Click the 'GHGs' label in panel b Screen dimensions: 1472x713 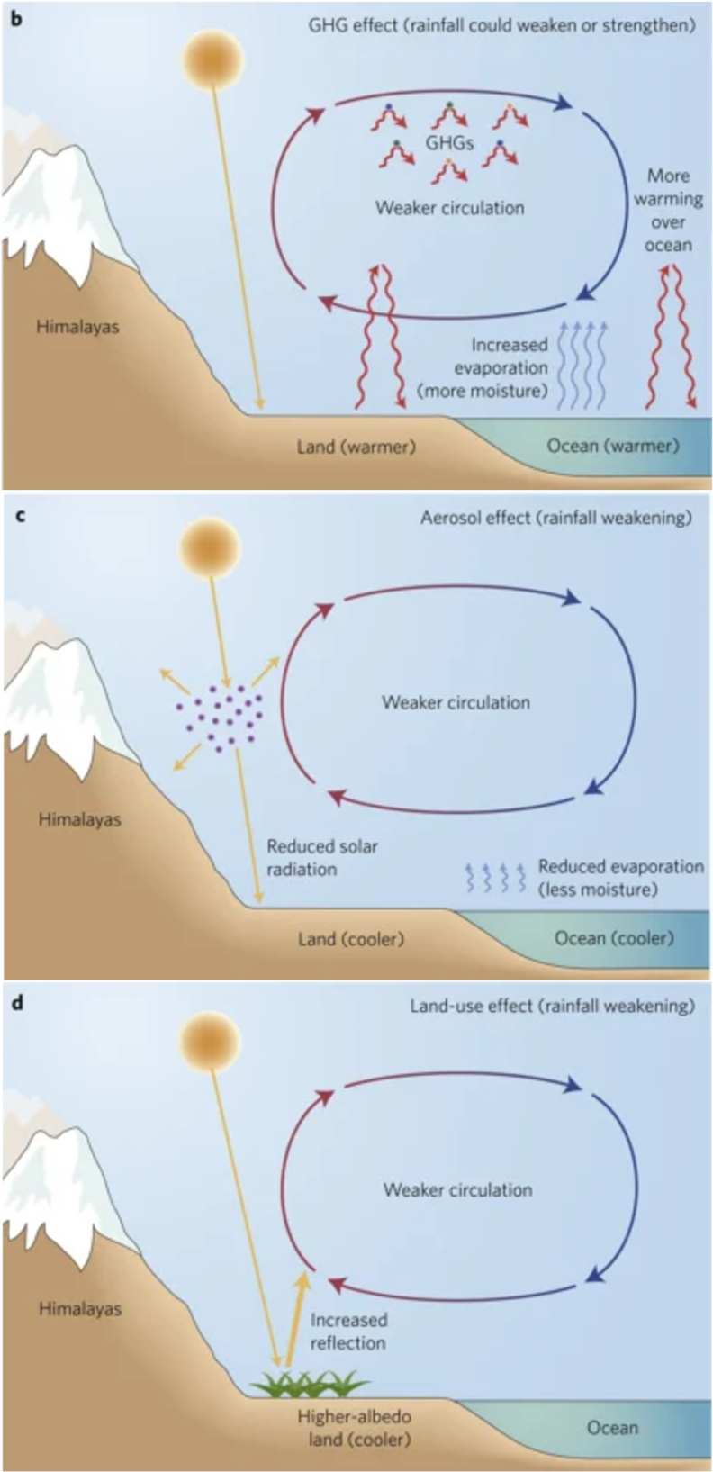pos(449,142)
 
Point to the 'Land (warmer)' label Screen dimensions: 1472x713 pos(356,446)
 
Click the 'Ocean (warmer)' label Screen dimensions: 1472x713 pos(613,446)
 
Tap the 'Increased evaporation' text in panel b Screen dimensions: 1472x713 pos(501,367)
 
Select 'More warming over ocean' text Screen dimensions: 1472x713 pos(668,210)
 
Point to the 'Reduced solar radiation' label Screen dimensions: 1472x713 pos(321,858)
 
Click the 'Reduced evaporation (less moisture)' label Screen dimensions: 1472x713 pos(620,878)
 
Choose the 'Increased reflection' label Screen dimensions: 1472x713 pos(348,1332)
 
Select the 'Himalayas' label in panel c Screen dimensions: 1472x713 pos(79,819)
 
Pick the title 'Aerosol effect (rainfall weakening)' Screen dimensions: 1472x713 pos(555,518)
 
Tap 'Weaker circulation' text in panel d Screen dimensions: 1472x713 pos(457,1189)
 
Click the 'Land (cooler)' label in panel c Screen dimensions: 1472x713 pos(351,938)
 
